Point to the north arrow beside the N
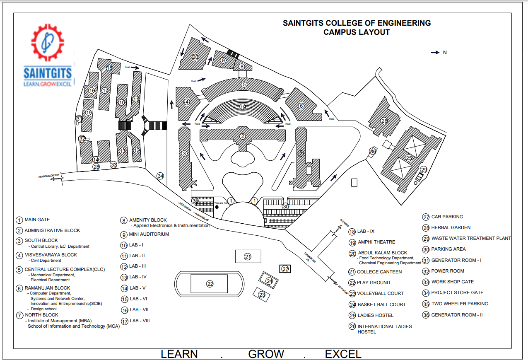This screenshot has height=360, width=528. click(x=435, y=53)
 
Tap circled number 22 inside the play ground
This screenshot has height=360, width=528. click(x=210, y=284)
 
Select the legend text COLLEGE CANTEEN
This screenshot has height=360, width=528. click(x=379, y=272)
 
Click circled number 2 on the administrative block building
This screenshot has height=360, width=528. click(x=243, y=136)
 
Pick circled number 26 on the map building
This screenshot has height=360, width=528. click(x=384, y=121)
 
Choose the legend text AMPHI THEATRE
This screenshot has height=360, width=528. click(x=376, y=242)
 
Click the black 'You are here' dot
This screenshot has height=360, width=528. click(x=217, y=206)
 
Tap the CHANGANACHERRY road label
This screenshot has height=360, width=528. click(x=49, y=176)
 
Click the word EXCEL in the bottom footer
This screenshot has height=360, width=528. click(x=343, y=354)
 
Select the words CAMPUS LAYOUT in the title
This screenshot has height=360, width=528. click(x=357, y=32)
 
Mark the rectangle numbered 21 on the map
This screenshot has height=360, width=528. click(x=248, y=256)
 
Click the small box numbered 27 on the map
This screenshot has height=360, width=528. click(x=285, y=269)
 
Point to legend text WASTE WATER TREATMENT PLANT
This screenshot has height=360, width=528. click(x=471, y=238)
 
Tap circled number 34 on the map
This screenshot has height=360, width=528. click(x=160, y=176)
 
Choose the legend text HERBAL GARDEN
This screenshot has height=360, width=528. click(x=451, y=227)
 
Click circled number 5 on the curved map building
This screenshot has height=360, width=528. click(x=244, y=85)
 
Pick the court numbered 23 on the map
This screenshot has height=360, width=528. click(x=262, y=295)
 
